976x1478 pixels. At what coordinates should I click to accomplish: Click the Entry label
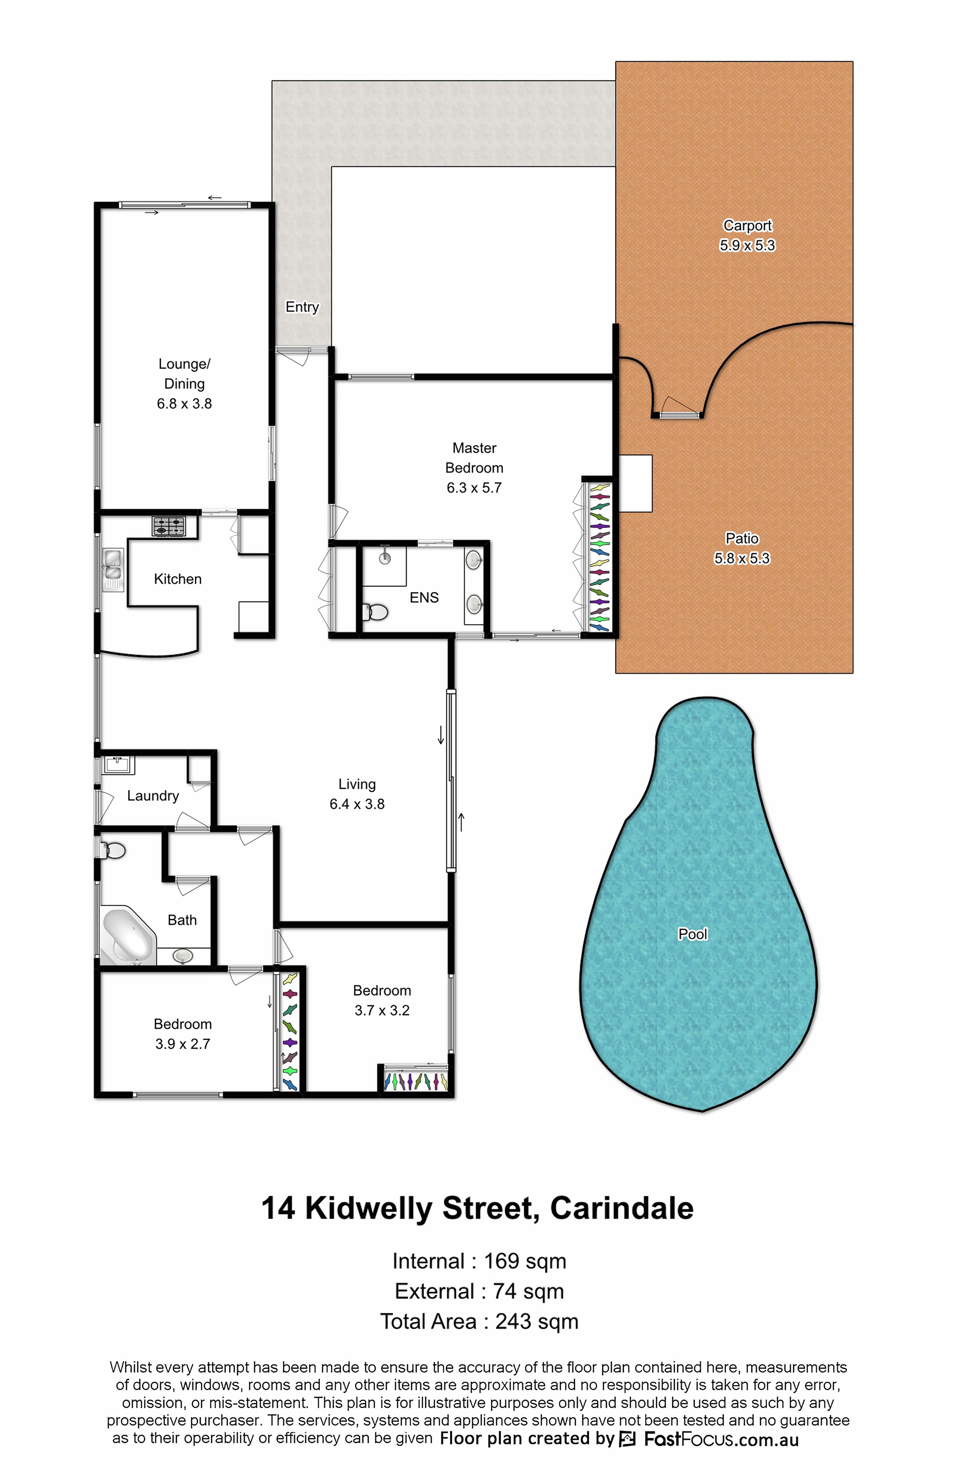click(302, 307)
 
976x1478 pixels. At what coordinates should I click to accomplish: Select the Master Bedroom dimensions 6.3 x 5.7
click(474, 488)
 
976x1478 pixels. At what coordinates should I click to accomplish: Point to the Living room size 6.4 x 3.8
click(357, 804)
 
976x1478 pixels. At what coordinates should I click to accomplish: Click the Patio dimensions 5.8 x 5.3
click(742, 558)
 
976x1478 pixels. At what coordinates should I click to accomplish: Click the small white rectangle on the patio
click(636, 483)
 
